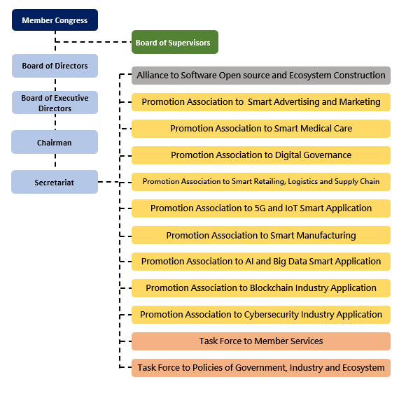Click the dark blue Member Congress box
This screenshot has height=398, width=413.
55,20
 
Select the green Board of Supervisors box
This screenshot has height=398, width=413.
175,42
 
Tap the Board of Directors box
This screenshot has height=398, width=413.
55,66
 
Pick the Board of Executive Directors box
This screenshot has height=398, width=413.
55,103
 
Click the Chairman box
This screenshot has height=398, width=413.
55,142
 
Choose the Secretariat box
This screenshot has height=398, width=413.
55,182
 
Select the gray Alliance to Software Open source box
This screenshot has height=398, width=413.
261,76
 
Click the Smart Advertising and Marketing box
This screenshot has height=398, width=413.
261,102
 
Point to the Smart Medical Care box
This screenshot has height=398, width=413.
261,129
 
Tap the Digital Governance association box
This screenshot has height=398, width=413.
261,155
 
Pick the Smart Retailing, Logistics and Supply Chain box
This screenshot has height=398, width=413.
261,182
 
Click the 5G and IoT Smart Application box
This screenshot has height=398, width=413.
261,208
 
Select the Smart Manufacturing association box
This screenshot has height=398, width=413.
261,235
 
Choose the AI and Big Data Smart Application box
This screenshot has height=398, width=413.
261,262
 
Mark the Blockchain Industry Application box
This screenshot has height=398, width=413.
261,288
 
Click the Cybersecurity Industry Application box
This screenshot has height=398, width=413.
261,315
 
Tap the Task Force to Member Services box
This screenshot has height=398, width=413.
261,341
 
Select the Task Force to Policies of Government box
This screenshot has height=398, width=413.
261,368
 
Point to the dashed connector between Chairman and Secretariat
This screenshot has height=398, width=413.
55,161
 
